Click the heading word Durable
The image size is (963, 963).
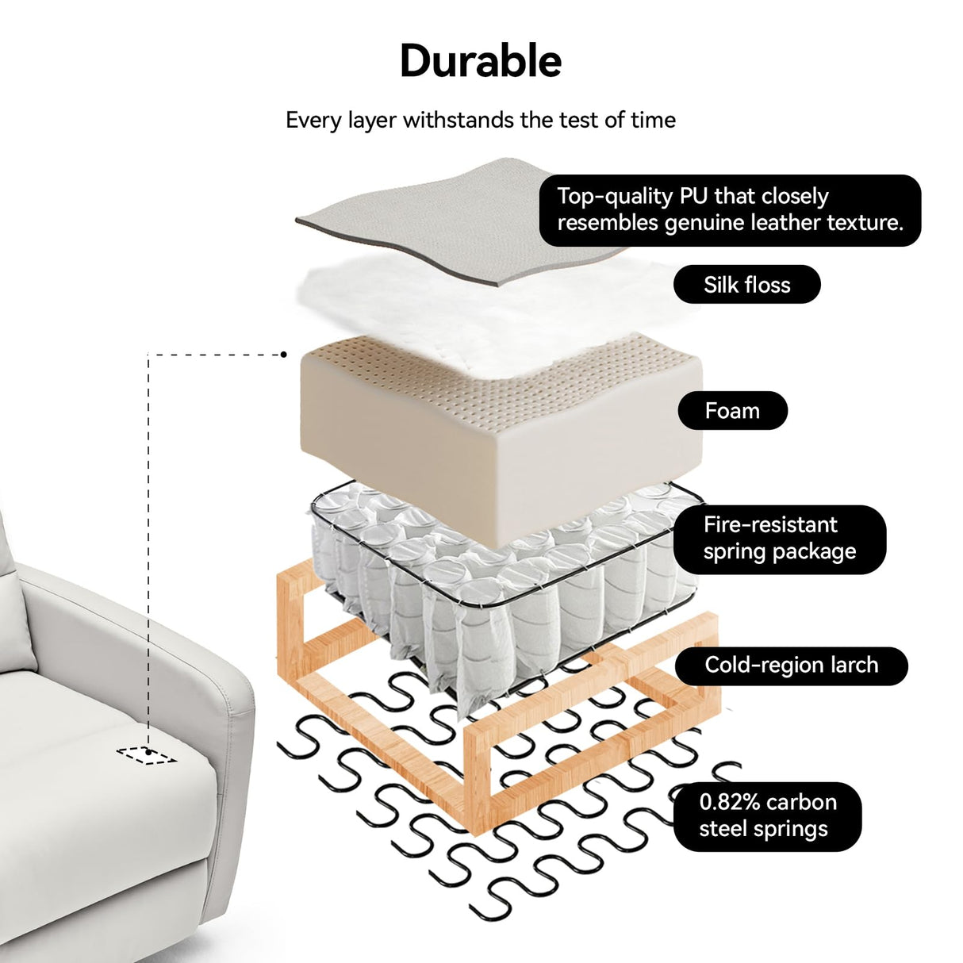[481, 61]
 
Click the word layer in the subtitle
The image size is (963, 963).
[372, 121]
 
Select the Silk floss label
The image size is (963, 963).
[746, 285]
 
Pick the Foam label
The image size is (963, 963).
[732, 411]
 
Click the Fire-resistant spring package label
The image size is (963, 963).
[779, 539]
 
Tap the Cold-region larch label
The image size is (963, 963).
[791, 666]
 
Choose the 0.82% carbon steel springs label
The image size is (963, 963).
[767, 816]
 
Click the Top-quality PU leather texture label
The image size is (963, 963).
[730, 209]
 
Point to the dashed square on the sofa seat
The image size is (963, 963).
[146, 754]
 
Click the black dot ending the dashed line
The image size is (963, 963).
[284, 355]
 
